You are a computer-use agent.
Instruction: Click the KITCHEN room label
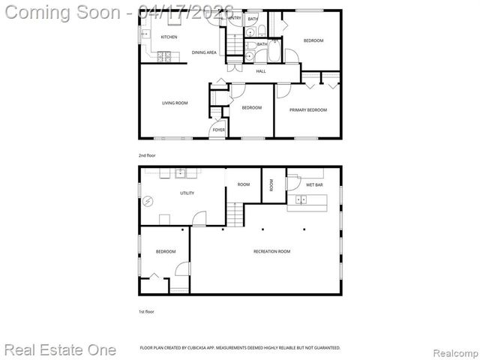click(x=169, y=36)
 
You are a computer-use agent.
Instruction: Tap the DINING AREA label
click(x=204, y=52)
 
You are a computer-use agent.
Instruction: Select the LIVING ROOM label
click(x=175, y=103)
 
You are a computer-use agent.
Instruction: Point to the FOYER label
click(x=218, y=130)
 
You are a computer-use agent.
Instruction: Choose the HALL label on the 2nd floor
click(x=261, y=71)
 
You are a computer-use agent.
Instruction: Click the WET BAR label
click(x=314, y=184)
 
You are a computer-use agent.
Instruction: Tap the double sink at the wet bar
click(x=302, y=199)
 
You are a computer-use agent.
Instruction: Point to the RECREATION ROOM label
click(x=271, y=251)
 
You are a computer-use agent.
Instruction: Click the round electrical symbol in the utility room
click(x=148, y=201)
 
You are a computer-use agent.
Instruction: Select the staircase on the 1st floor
click(x=236, y=217)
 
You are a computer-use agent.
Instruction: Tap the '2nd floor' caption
click(x=146, y=155)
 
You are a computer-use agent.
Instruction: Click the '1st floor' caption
click(x=146, y=310)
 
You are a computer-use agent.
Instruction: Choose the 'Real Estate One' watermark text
click(x=60, y=349)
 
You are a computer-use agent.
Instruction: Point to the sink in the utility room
click(x=181, y=173)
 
